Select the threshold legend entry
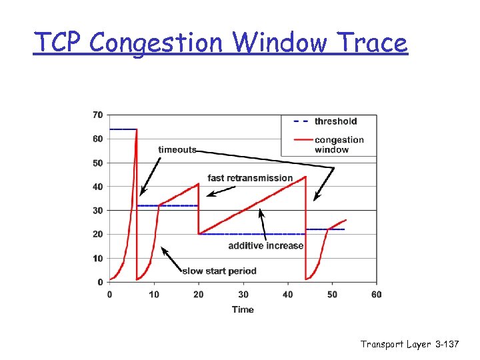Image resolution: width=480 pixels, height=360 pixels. pyautogui.click(x=335, y=121)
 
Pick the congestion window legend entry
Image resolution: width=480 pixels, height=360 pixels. pyautogui.click(x=339, y=145)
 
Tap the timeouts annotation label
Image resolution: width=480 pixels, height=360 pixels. pyautogui.click(x=177, y=149)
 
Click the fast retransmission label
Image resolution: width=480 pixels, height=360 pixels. pyautogui.click(x=250, y=178)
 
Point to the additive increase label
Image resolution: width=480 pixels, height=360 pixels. pyautogui.click(x=265, y=246)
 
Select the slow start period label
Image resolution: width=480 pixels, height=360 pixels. pyautogui.click(x=219, y=271)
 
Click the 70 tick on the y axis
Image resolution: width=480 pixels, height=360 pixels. pyautogui.click(x=97, y=115)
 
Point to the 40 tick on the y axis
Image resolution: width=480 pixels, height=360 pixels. pyautogui.click(x=97, y=187)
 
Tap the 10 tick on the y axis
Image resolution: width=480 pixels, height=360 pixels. pyautogui.click(x=97, y=258)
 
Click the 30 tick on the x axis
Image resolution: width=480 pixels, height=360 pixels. pyautogui.click(x=243, y=294)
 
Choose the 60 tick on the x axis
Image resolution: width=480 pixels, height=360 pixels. pyautogui.click(x=377, y=294)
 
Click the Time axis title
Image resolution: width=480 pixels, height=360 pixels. pyautogui.click(x=243, y=309)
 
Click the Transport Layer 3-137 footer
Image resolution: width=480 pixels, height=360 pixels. pyautogui.click(x=410, y=344)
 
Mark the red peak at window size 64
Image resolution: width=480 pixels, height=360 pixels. pyautogui.click(x=137, y=129)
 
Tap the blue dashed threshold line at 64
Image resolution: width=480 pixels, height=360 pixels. pyautogui.click(x=123, y=129)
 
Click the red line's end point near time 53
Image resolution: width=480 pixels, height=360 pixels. pyautogui.click(x=346, y=220)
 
